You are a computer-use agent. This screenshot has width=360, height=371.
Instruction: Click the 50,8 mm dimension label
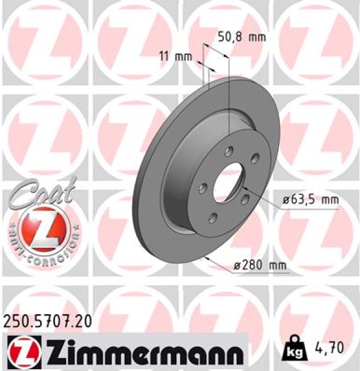241,37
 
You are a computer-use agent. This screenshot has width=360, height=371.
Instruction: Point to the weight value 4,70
336,348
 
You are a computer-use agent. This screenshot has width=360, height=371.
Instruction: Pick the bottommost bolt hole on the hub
213,216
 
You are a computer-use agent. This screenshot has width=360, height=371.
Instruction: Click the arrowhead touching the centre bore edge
242,186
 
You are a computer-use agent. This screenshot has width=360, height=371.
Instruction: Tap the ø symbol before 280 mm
238,266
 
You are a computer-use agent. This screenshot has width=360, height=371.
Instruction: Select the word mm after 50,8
257,37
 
